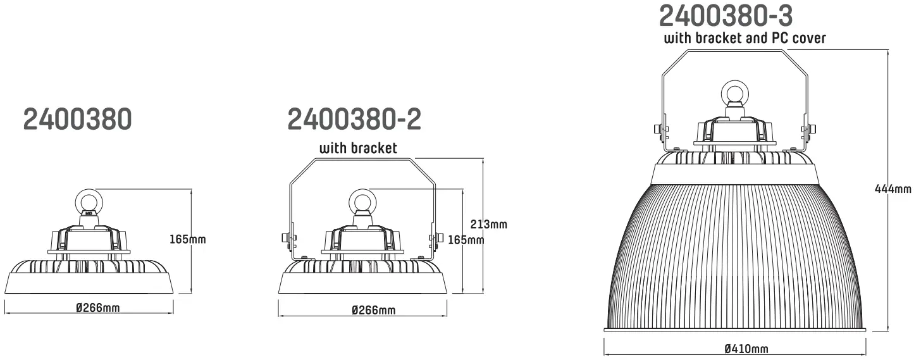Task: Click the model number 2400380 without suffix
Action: click(x=78, y=120)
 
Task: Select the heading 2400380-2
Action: click(x=354, y=120)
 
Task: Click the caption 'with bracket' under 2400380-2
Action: click(x=358, y=149)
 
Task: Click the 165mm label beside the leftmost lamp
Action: click(x=188, y=239)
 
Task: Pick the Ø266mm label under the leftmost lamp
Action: click(x=98, y=307)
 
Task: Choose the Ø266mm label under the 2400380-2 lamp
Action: click(x=373, y=309)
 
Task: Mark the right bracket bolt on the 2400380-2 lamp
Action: click(x=436, y=238)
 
